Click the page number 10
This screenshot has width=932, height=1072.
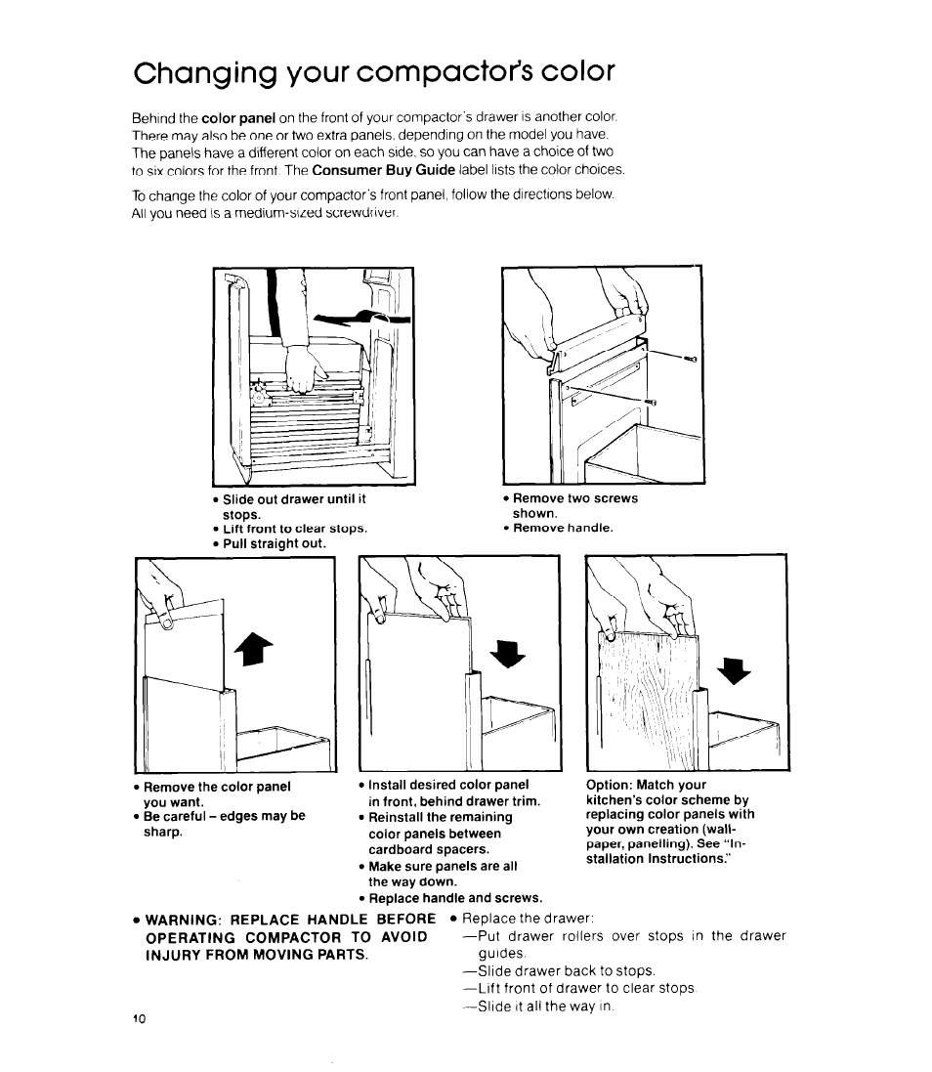coord(139,1018)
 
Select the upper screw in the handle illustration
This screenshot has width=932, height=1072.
coord(690,360)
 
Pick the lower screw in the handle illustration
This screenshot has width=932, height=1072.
coord(651,402)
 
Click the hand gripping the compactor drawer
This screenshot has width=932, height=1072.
coord(304,369)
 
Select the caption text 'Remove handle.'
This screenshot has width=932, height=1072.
coord(563,528)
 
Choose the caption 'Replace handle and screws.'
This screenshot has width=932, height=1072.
coord(454,897)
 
